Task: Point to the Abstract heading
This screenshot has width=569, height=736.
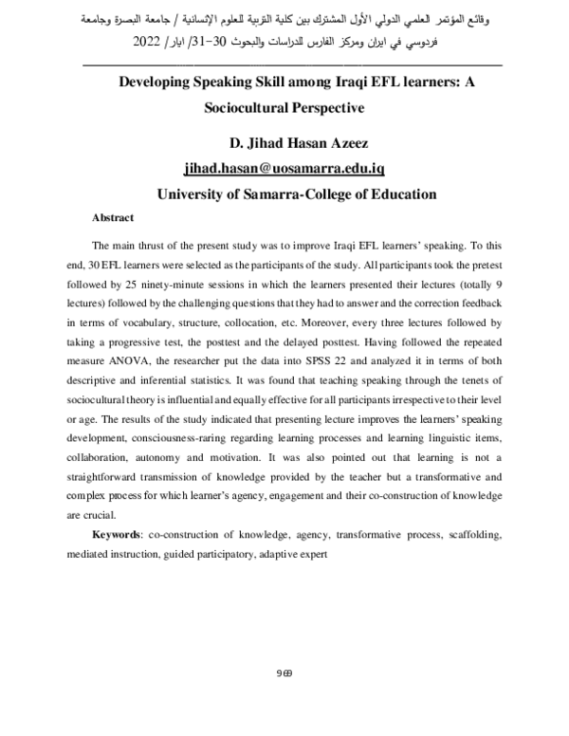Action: pyautogui.click(x=113, y=217)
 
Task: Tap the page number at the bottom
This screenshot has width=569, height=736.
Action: pyautogui.click(x=284, y=673)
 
